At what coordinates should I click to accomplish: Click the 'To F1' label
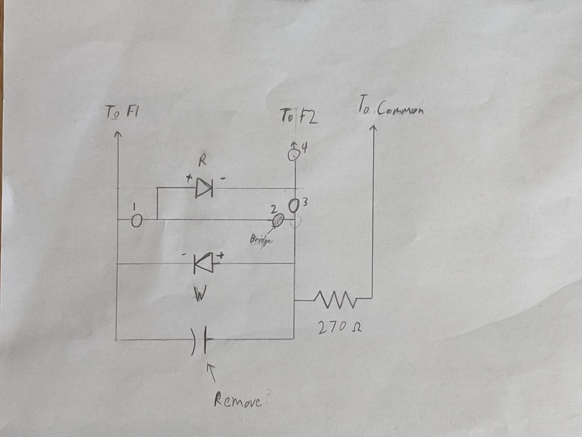[x=122, y=112]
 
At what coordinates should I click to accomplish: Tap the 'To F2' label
[x=299, y=116]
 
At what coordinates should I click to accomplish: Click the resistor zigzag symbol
[x=336, y=299]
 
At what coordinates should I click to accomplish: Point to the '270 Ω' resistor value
[x=340, y=328]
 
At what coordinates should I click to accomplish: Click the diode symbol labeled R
[x=204, y=188]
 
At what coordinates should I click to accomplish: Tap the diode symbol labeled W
[x=204, y=263]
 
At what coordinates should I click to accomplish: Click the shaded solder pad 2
[x=278, y=220]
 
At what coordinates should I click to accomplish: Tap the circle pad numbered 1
[x=136, y=220]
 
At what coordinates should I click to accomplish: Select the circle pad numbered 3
[x=293, y=206]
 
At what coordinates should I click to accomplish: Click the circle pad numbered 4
[x=293, y=154]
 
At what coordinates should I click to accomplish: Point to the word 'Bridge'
[x=261, y=239]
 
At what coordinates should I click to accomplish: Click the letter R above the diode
[x=202, y=161]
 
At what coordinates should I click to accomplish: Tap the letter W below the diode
[x=199, y=294]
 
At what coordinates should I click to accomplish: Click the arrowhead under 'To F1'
[x=118, y=134]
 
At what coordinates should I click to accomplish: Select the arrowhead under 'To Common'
[x=373, y=128]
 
